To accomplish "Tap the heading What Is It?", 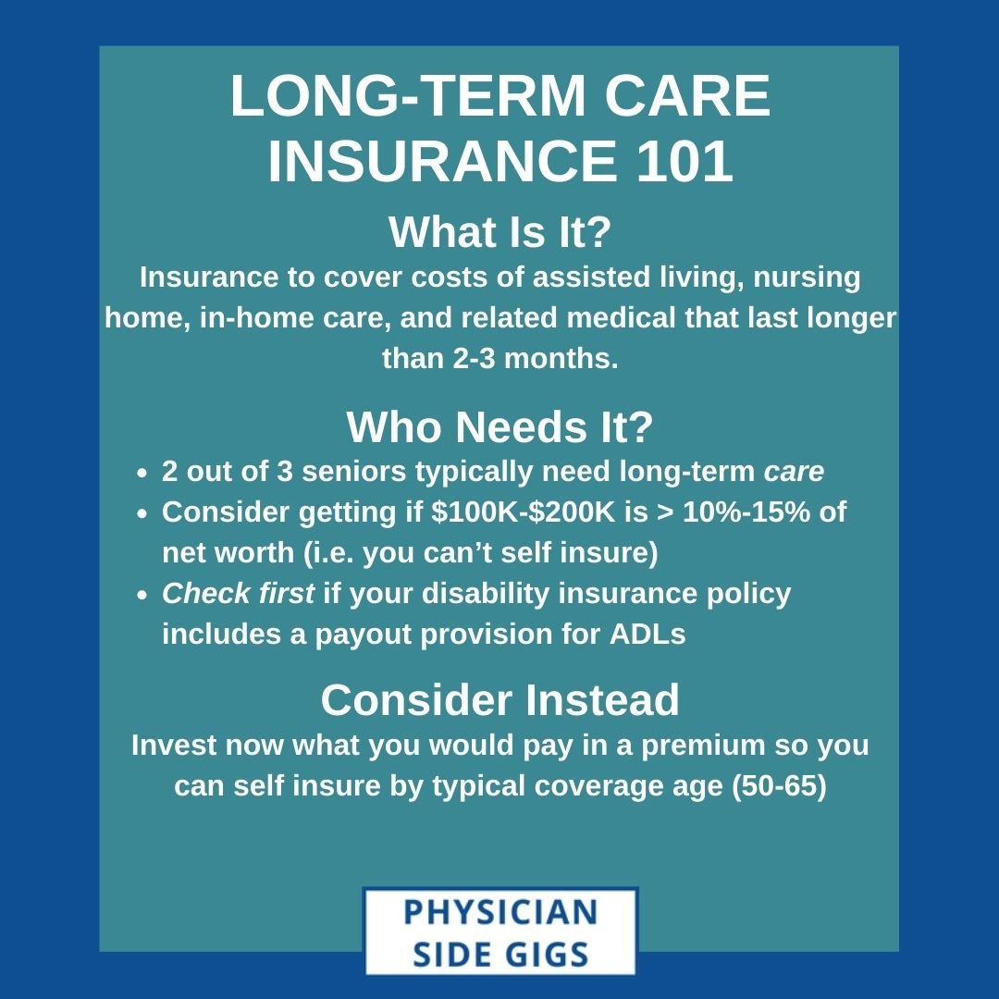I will (x=499, y=231).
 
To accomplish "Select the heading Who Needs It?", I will (x=499, y=426).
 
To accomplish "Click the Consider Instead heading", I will (x=499, y=700).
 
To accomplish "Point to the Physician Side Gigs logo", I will (x=499, y=931).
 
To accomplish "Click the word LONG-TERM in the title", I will (x=404, y=95).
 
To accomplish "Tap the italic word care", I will (x=793, y=472).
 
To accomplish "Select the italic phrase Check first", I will (x=238, y=593).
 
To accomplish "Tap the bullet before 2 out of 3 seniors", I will (x=142, y=474).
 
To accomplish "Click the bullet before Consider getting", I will (x=142, y=513).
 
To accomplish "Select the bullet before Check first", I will (x=142, y=595).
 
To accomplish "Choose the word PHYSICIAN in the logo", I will (x=499, y=912).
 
